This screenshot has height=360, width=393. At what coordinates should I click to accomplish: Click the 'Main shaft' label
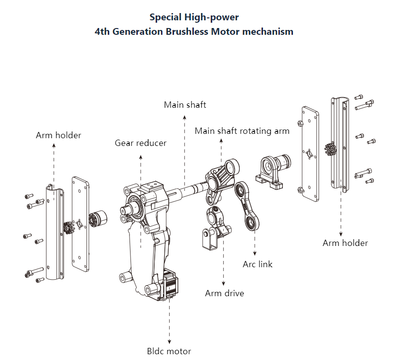click(185, 105)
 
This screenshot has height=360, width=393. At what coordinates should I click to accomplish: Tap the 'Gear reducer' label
click(141, 143)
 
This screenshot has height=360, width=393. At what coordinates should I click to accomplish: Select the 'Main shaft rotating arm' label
click(242, 131)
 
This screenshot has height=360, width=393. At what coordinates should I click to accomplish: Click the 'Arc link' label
click(258, 264)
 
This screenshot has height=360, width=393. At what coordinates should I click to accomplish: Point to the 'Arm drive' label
click(225, 293)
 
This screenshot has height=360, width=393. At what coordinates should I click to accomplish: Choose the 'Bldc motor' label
click(169, 351)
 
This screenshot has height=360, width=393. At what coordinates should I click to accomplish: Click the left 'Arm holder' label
click(58, 135)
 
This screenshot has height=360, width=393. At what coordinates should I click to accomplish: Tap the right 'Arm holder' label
click(345, 243)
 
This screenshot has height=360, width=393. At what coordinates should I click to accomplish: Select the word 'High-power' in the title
click(212, 17)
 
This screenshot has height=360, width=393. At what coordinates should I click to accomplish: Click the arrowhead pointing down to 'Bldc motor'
click(170, 342)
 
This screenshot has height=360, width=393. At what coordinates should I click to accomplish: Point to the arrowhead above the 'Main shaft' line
click(185, 117)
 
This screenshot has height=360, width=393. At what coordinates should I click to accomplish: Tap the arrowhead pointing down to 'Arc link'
click(255, 254)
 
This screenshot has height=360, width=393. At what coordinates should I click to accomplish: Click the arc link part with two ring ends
click(247, 206)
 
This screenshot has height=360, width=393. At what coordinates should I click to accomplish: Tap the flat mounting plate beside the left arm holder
click(80, 224)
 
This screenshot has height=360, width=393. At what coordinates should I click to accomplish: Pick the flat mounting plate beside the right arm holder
click(310, 154)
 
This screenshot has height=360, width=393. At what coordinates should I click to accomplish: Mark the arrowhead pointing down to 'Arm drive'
click(223, 284)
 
